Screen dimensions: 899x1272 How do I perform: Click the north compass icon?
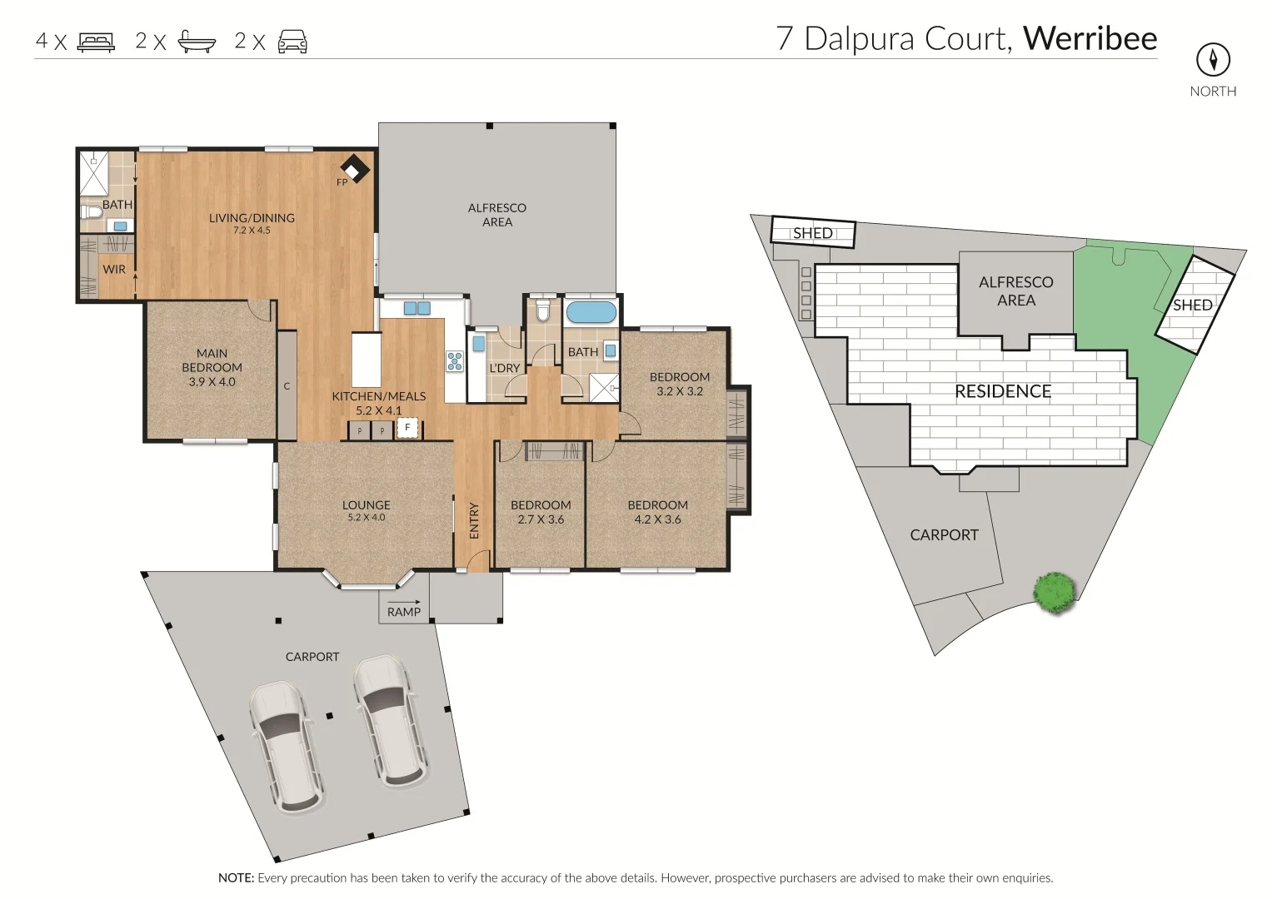tap(1213, 59)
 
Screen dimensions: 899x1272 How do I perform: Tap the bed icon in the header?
tap(96, 41)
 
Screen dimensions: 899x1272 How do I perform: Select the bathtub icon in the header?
tap(197, 41)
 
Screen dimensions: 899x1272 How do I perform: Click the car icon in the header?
tap(292, 41)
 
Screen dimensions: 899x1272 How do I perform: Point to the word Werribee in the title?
tap(1090, 38)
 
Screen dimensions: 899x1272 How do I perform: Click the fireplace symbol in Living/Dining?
tap(355, 169)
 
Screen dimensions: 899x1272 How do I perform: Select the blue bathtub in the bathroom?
tap(591, 313)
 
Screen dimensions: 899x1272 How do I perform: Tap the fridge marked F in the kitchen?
tap(407, 428)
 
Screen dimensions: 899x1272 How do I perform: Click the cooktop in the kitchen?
tap(455, 360)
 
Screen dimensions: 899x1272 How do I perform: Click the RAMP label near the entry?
tap(404, 612)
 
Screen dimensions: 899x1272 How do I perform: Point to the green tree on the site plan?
tap(1055, 592)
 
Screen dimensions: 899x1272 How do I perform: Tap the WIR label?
tap(114, 269)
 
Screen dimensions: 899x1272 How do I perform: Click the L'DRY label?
tap(505, 368)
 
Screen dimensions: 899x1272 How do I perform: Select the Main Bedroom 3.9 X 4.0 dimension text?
tap(212, 382)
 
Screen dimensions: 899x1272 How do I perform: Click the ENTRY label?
tap(474, 520)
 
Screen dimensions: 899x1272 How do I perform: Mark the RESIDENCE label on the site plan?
tap(1002, 391)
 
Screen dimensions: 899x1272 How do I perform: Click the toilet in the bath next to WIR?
tap(92, 213)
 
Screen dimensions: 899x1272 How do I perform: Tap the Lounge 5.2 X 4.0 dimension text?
tap(367, 518)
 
